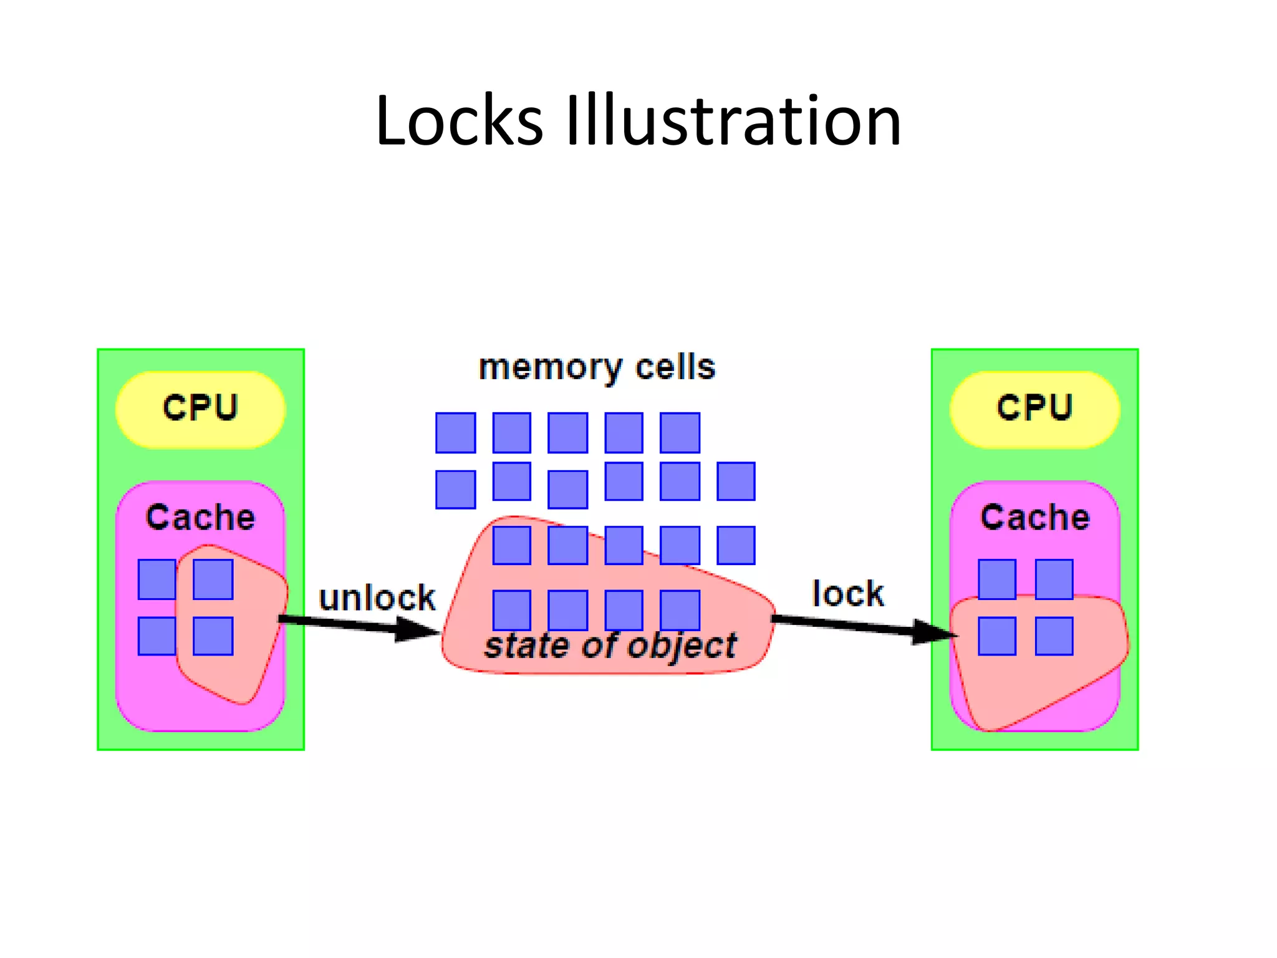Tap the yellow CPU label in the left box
(200, 409)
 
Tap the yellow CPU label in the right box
(1034, 409)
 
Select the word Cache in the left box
(200, 517)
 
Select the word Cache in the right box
(1035, 517)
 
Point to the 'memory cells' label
(597, 367)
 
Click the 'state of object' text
(610, 646)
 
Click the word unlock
(377, 598)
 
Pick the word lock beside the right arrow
(848, 593)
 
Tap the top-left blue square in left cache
(157, 579)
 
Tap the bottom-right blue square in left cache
(213, 636)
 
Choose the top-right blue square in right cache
(1054, 579)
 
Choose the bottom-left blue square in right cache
(996, 636)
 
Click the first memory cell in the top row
(455, 433)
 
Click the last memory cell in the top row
(680, 433)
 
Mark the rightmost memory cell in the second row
(736, 481)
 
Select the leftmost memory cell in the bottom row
(511, 610)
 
